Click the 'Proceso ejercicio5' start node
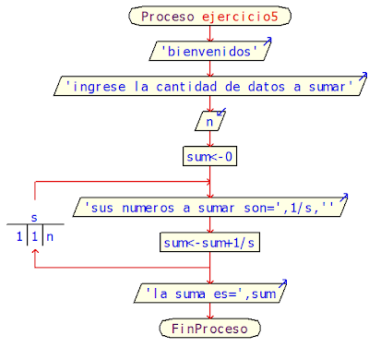(210, 17)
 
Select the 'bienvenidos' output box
(210, 51)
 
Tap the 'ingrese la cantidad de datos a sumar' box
(210, 86)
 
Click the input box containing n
(210, 120)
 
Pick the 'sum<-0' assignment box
(210, 156)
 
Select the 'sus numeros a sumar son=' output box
(210, 207)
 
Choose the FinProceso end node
(210, 328)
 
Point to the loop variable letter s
(34, 218)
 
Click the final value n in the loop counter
(51, 236)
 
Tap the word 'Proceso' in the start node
(168, 17)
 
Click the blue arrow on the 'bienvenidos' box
(268, 42)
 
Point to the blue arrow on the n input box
(221, 112)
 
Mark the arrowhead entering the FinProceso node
(210, 315)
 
